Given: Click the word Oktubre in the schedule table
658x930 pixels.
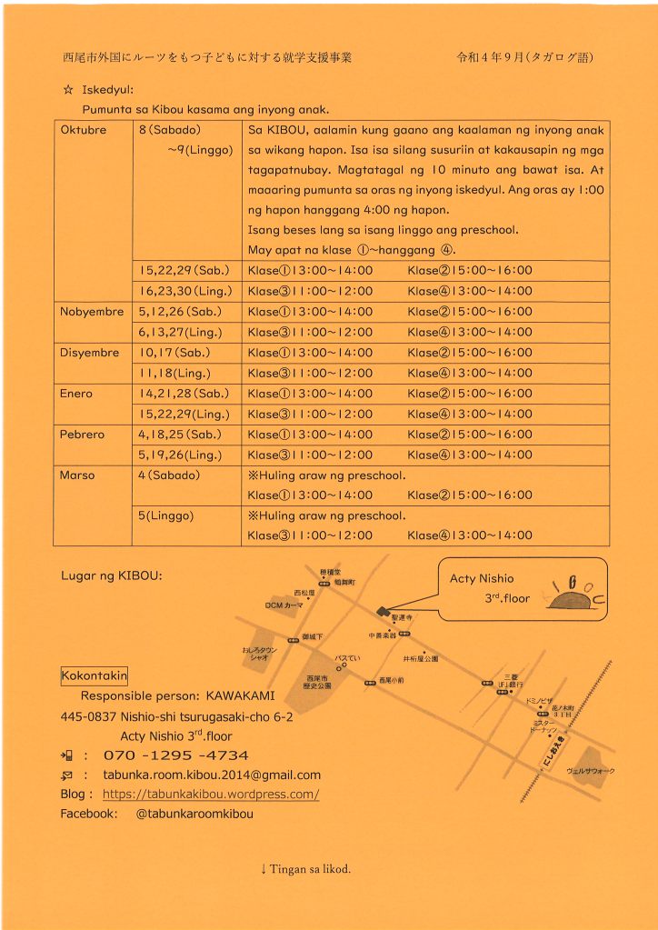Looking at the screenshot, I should (x=83, y=130).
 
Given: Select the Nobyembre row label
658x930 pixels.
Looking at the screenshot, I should (x=91, y=312).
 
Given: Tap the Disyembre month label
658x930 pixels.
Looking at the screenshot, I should (x=89, y=353).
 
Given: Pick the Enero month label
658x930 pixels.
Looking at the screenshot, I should (x=75, y=394).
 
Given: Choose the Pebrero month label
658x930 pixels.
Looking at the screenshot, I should (x=82, y=435).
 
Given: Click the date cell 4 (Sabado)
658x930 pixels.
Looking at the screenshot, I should (x=170, y=475).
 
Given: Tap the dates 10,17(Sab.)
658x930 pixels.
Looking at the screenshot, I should (x=174, y=353).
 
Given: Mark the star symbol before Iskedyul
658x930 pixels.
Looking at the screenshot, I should (x=67, y=90).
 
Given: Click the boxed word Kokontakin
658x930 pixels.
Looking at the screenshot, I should (x=94, y=675).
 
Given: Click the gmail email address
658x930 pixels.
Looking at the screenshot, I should (x=212, y=775).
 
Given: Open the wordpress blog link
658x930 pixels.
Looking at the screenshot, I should (x=211, y=795).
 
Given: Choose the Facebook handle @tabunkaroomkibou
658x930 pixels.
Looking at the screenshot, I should (x=194, y=815).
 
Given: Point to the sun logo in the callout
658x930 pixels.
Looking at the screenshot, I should (x=572, y=596).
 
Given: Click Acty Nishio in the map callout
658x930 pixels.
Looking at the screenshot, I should (x=482, y=579).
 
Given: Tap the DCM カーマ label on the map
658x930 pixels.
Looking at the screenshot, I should (x=284, y=605).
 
